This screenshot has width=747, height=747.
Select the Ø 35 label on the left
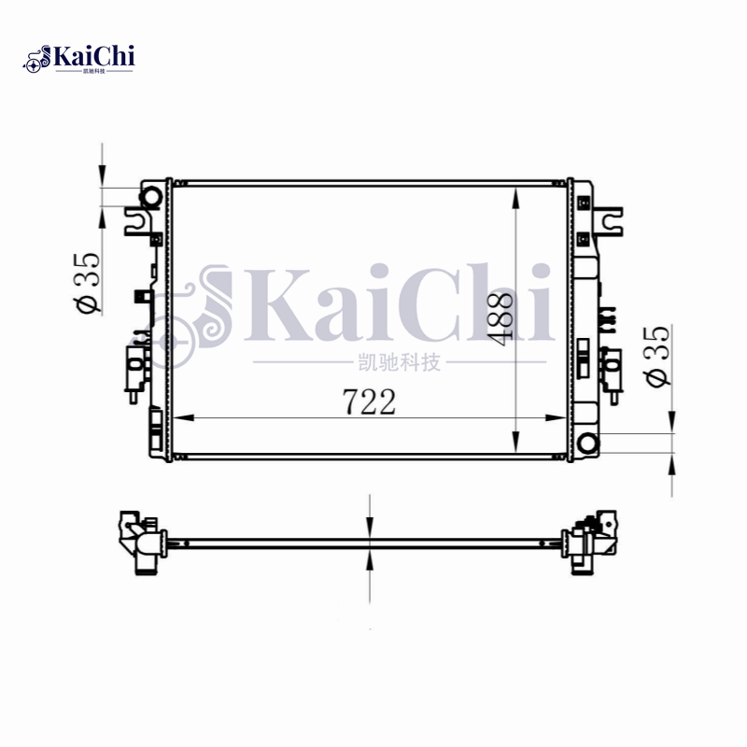(x=86, y=283)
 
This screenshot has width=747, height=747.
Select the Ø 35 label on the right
(x=657, y=356)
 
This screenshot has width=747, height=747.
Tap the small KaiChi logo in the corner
(x=79, y=58)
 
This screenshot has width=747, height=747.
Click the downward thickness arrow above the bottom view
(x=372, y=528)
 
